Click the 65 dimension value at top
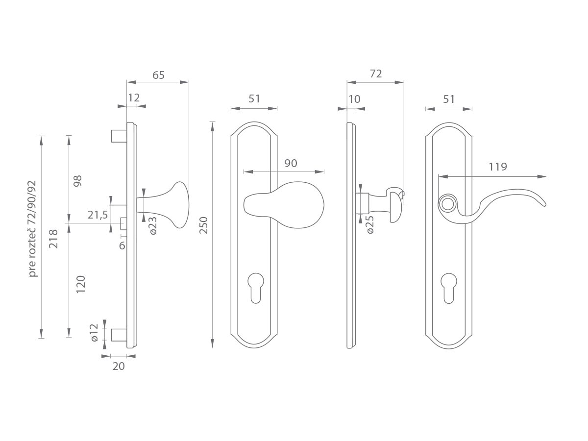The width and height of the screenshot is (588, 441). (158, 75)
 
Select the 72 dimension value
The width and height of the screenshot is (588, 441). (375, 73)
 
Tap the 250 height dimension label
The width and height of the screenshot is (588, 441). (203, 225)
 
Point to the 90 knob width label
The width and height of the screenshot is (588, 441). (291, 163)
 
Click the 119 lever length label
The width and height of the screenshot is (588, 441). (498, 167)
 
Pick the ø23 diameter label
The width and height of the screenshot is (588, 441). (153, 225)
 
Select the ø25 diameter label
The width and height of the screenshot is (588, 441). (369, 224)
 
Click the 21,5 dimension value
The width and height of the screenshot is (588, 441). (98, 215)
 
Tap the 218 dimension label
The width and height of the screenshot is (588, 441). (53, 239)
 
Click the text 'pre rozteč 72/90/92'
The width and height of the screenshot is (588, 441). (32, 229)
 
